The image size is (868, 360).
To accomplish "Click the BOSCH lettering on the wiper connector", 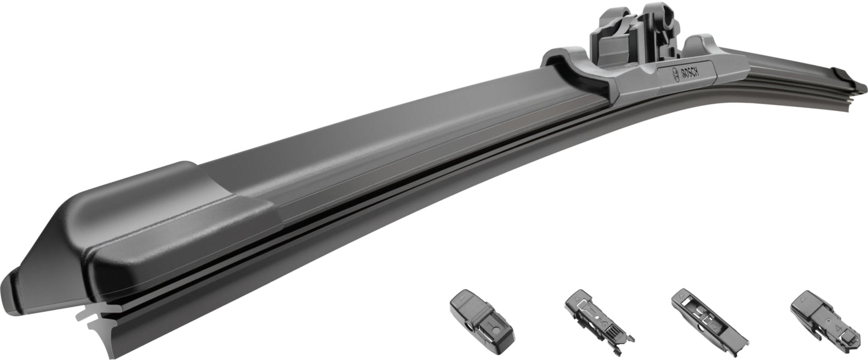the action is (690, 73).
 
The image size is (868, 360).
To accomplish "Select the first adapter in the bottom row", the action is (482, 322).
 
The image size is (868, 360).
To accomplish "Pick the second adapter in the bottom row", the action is (599, 322).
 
